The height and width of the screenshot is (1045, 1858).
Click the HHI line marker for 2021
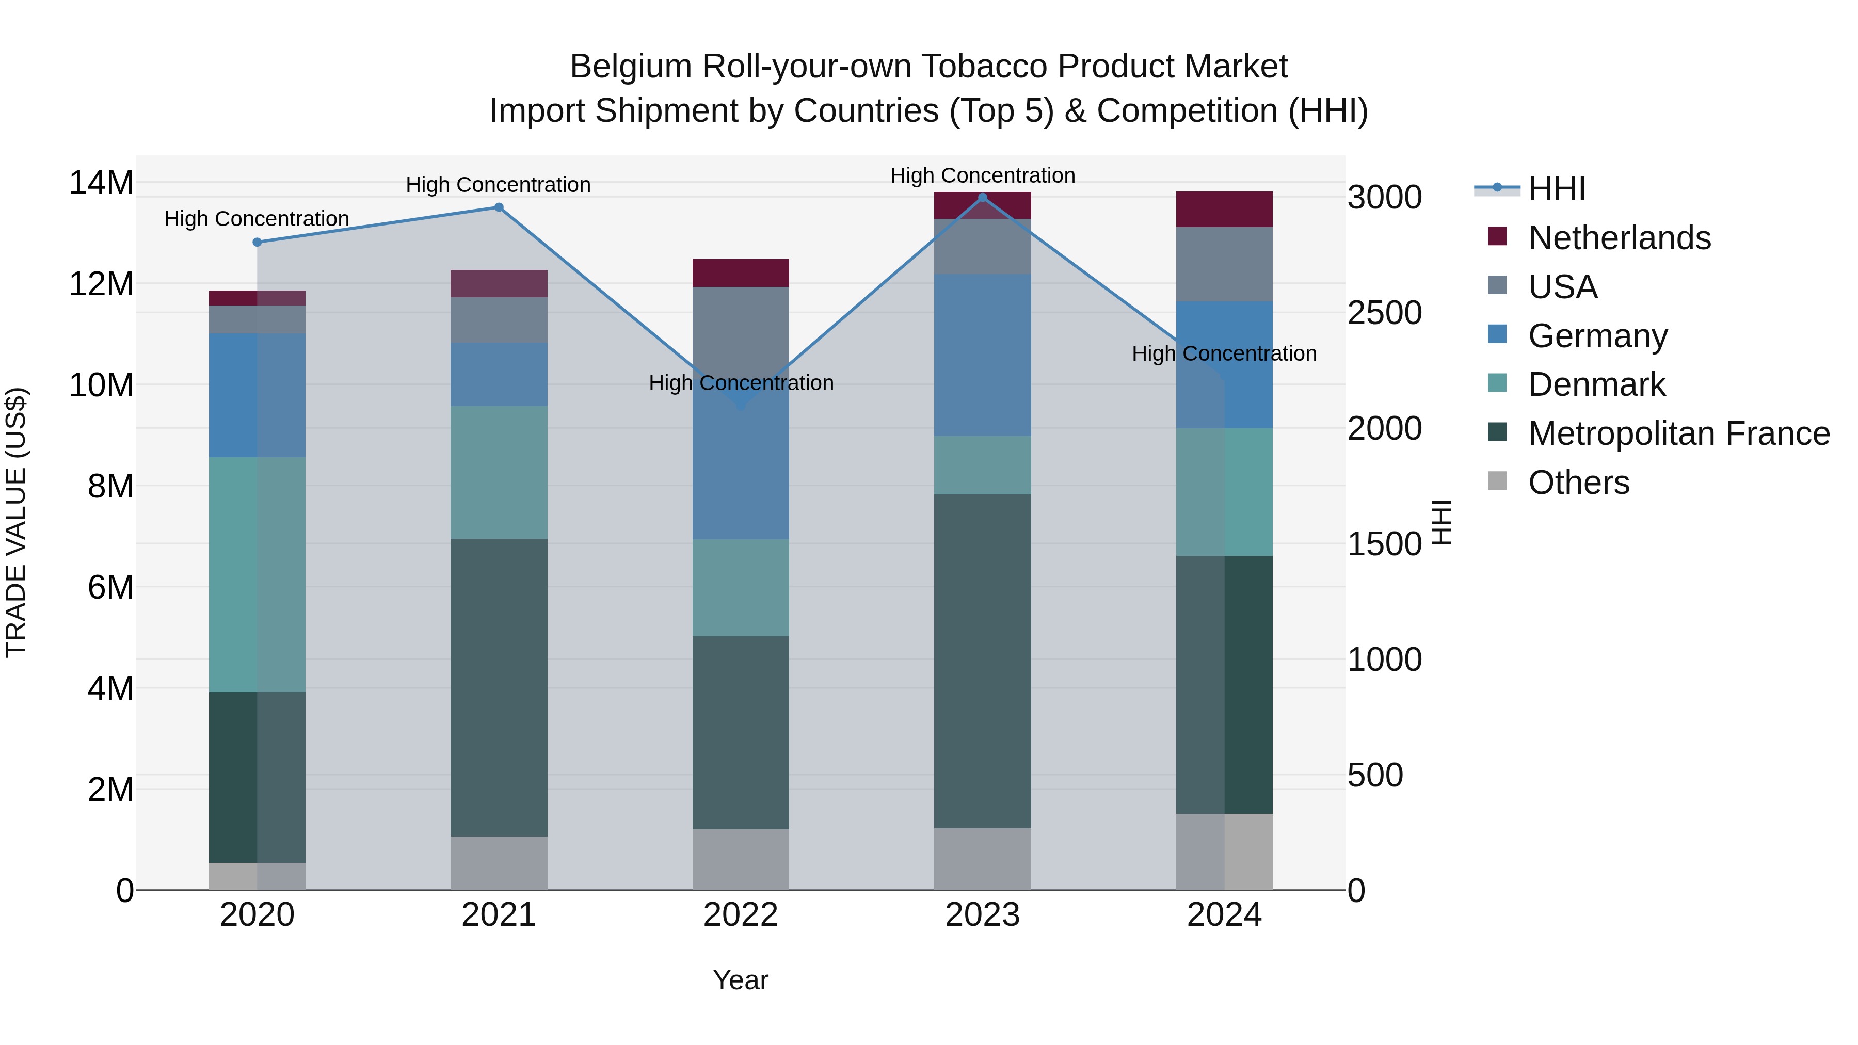499,207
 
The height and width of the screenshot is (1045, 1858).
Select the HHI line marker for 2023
982,198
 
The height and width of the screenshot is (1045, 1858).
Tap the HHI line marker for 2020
258,243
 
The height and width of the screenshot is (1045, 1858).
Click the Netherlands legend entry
1619,238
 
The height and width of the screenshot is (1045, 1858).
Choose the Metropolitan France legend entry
1678,433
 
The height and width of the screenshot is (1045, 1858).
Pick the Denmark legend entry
1596,384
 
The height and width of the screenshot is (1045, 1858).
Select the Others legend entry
1578,483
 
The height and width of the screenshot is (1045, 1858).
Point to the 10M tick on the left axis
101,385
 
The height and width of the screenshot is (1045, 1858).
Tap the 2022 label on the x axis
741,915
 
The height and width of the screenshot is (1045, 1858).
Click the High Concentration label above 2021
499,185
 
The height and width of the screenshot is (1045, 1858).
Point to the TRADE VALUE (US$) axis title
16,522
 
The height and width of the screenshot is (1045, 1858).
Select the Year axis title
741,980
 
